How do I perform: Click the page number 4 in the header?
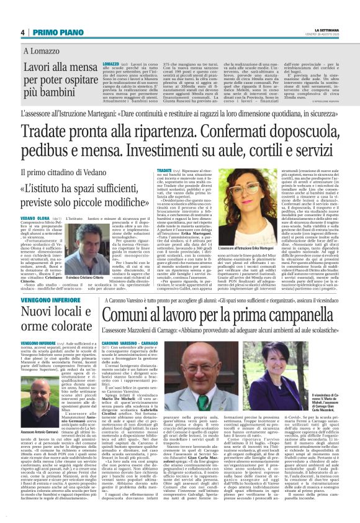(x=22, y=32)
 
